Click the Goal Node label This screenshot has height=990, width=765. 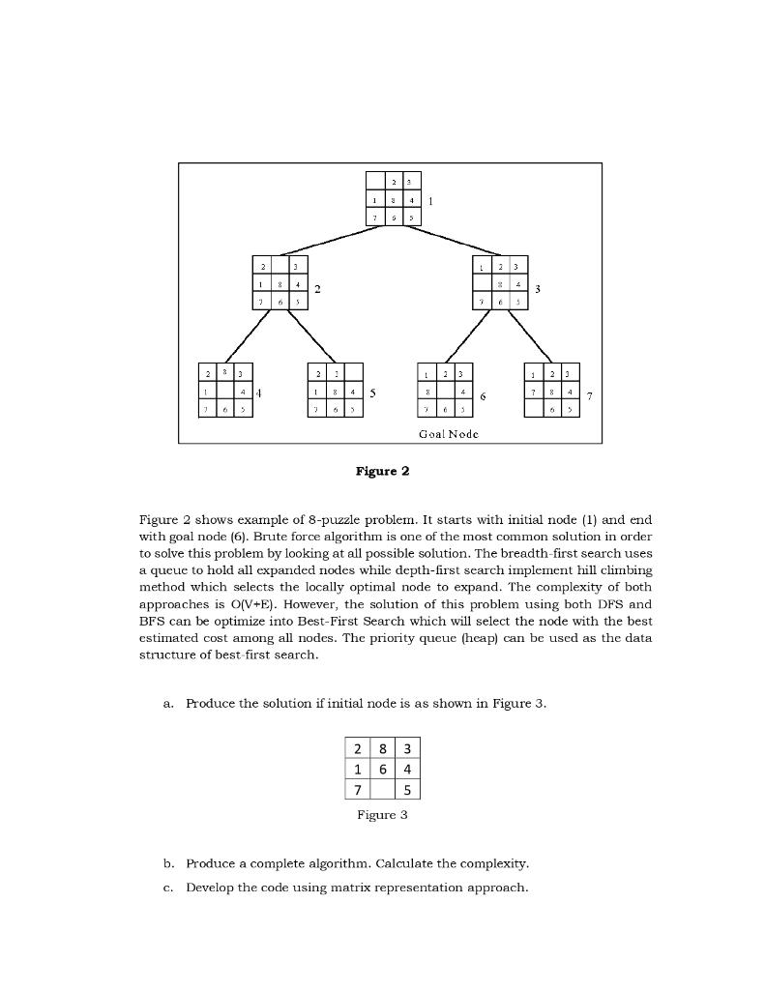(449, 433)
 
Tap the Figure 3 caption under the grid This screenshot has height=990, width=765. (382, 815)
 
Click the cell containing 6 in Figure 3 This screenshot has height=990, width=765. (383, 770)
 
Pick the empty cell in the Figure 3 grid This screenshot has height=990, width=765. (383, 791)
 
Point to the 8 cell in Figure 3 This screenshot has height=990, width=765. (383, 748)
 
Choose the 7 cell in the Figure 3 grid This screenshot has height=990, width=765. (358, 791)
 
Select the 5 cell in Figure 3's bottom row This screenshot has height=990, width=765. (408, 791)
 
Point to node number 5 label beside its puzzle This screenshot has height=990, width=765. (373, 394)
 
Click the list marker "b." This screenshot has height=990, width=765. (169, 862)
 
